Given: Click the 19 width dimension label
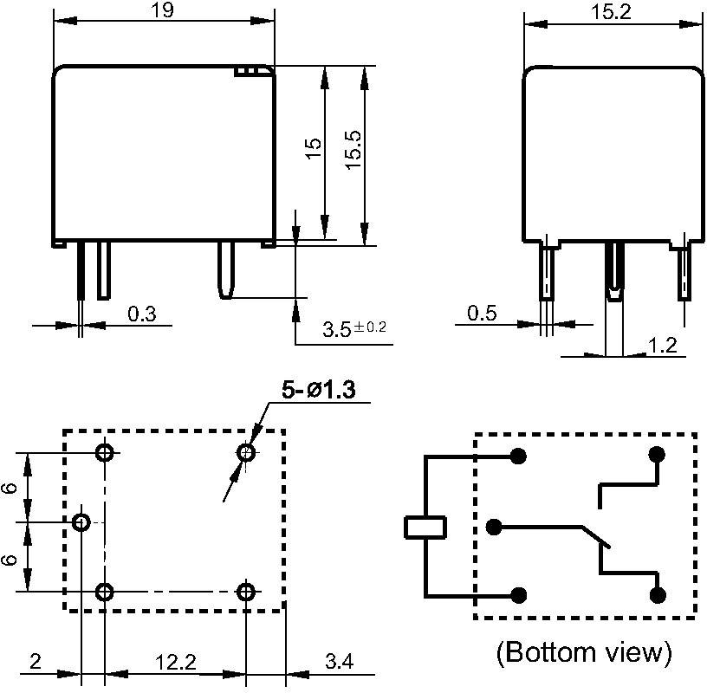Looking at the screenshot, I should point(162,10).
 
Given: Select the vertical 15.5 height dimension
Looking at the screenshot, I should point(353,154).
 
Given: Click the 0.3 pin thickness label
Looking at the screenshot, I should point(141,314).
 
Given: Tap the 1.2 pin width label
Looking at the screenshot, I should point(662,346).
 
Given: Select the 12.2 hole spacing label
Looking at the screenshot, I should point(175,663).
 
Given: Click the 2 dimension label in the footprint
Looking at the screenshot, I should point(36,663).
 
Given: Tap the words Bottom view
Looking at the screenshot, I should point(584,651).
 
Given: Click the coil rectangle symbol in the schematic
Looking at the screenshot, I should point(425,526).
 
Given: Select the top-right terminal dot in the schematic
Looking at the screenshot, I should point(657,454).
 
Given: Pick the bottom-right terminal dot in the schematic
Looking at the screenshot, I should point(657,594).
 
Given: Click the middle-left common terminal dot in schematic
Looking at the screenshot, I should point(495,526).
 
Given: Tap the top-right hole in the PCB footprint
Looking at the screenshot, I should point(247,452).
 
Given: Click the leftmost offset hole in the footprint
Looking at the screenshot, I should point(81,522).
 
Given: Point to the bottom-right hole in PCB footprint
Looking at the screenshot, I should point(247,593).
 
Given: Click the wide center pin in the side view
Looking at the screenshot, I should point(613,269).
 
